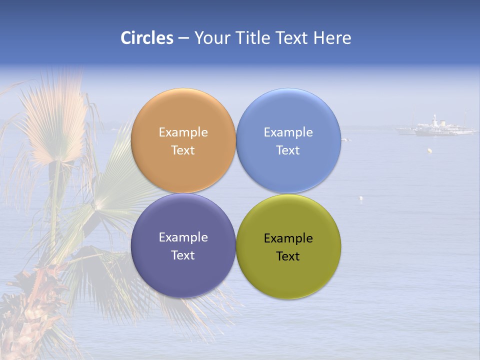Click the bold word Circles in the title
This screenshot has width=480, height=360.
(x=146, y=38)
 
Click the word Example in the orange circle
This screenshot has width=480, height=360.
(x=183, y=132)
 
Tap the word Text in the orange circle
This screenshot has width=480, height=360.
(x=183, y=150)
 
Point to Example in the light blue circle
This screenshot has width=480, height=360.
(x=288, y=132)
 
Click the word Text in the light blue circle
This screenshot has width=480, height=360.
(x=288, y=150)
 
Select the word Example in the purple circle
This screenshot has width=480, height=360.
(x=183, y=237)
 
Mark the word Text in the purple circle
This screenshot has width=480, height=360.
(x=183, y=255)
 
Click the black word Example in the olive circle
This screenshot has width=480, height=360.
(x=288, y=238)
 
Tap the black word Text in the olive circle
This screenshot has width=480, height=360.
(x=288, y=256)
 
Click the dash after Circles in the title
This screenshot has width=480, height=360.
(x=183, y=38)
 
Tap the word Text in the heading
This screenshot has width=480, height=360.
(x=292, y=38)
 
